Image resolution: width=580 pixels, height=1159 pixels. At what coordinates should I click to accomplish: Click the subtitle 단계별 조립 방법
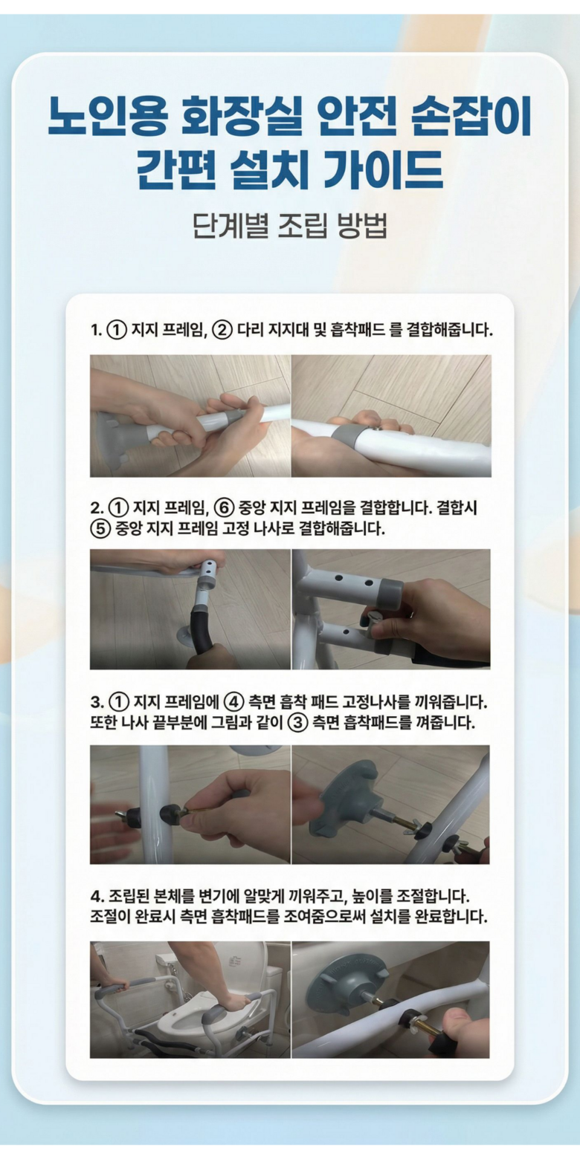[289, 226]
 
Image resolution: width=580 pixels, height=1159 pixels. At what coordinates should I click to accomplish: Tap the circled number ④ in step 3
[233, 702]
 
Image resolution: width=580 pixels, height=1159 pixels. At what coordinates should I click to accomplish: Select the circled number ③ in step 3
[297, 723]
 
